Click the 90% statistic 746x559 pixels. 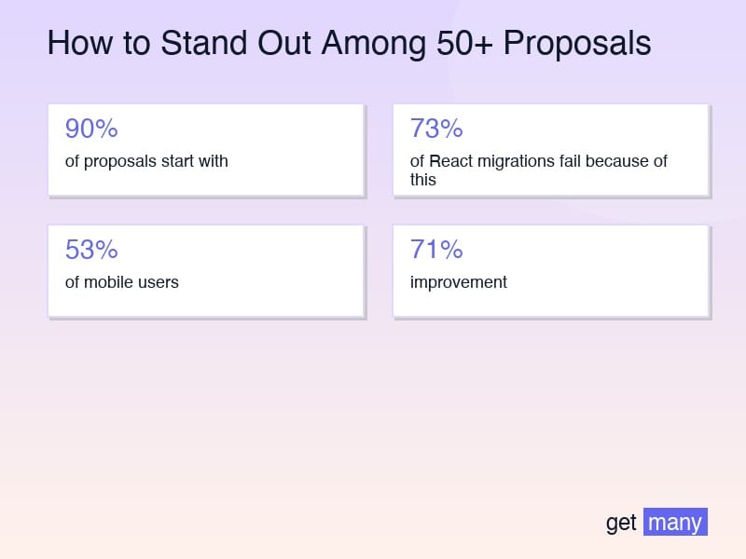point(91,129)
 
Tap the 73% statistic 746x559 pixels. point(436,129)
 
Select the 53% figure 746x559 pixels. point(91,250)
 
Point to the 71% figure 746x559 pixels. point(436,250)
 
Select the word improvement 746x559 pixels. point(459,282)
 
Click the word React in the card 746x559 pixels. point(448,161)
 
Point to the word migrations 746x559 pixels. point(512,161)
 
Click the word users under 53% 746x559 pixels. point(159,282)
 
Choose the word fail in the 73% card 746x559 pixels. point(571,161)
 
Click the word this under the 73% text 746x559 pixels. point(423,179)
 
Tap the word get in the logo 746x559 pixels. point(621,523)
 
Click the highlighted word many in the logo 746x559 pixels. point(675,523)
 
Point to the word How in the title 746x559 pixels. point(73,44)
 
